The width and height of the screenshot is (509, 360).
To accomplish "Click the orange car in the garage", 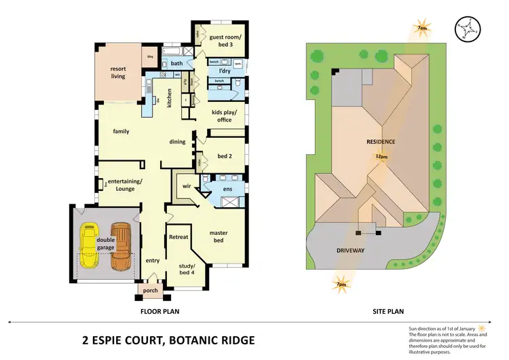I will point(121,245).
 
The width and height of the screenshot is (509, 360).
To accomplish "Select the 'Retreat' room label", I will point(178,237).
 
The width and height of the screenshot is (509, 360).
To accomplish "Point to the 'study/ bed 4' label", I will point(187,268).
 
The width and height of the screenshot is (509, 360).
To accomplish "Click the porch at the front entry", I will point(149,290).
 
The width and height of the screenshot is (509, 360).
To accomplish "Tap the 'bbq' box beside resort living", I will point(151,56).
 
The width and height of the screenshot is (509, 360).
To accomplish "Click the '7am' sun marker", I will point(421,29).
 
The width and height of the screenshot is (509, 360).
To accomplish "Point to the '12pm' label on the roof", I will point(381,157).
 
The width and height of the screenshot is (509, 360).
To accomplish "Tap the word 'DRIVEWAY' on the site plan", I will point(351,251).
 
